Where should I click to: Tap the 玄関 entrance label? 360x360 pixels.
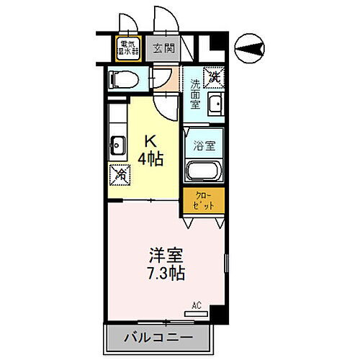163,49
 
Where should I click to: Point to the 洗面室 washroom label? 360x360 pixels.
195,94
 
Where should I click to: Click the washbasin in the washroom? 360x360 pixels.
214,107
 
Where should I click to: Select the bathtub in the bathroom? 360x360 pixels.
203,171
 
